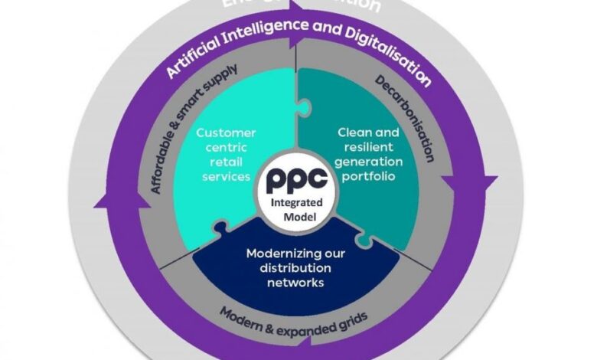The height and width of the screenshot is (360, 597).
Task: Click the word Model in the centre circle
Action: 298,217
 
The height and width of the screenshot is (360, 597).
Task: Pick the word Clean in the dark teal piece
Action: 354,132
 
